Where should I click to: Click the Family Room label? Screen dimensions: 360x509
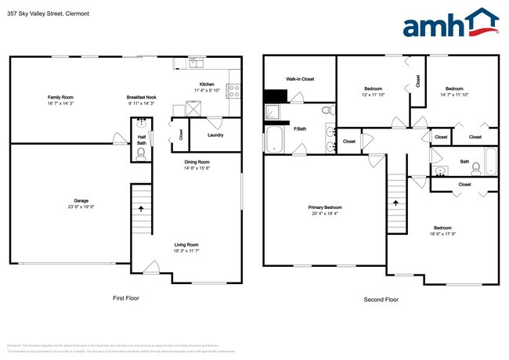pyautogui.click(x=60, y=97)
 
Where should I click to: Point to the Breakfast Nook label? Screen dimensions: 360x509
pyautogui.click(x=141, y=97)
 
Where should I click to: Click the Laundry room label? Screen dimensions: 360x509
pyautogui.click(x=215, y=135)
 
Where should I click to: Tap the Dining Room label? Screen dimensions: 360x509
pyautogui.click(x=197, y=162)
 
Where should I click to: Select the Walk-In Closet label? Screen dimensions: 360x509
pyautogui.click(x=299, y=79)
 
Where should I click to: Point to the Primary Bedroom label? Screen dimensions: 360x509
pyautogui.click(x=324, y=207)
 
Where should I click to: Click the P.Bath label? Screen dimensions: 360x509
pyautogui.click(x=300, y=128)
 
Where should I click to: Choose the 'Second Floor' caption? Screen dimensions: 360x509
pyautogui.click(x=381, y=300)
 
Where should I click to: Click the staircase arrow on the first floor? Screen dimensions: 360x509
pyautogui.click(x=141, y=209)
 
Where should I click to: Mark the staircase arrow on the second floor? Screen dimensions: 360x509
pyautogui.click(x=395, y=202)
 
